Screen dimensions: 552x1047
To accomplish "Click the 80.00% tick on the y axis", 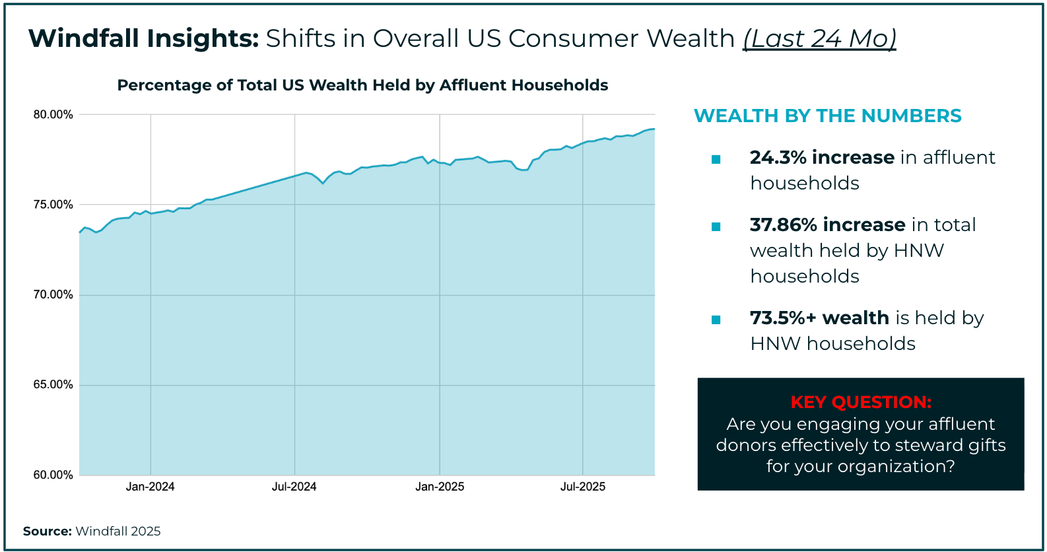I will click(x=53, y=115).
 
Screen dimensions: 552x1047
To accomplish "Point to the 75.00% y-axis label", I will click(x=53, y=205).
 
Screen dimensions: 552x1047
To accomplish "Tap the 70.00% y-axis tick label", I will click(x=53, y=295).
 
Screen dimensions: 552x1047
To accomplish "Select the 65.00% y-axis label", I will click(x=53, y=385).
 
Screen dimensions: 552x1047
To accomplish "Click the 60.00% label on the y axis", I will click(x=53, y=475).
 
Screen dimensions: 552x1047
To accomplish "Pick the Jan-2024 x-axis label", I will click(x=151, y=487).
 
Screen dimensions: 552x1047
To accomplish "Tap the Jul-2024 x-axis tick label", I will click(x=294, y=487).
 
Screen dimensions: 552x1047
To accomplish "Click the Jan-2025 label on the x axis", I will click(x=440, y=487).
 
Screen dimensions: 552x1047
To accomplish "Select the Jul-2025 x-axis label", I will click(x=583, y=487).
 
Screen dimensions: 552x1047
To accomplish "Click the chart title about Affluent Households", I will click(x=362, y=86).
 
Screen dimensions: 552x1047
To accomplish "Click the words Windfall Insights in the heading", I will click(x=143, y=39).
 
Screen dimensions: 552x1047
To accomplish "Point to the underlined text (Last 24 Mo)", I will click(x=820, y=39).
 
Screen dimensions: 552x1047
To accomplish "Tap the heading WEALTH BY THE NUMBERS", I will click(x=828, y=116).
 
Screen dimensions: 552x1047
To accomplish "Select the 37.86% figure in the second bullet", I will click(x=784, y=225).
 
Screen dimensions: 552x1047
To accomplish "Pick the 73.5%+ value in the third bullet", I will click(x=783, y=318).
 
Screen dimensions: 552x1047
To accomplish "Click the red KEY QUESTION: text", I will click(x=861, y=402).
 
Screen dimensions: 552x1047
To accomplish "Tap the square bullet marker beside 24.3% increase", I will click(x=716, y=159).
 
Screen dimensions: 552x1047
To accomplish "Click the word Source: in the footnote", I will click(x=48, y=532).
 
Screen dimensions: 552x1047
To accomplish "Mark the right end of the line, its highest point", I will click(x=654, y=129).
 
